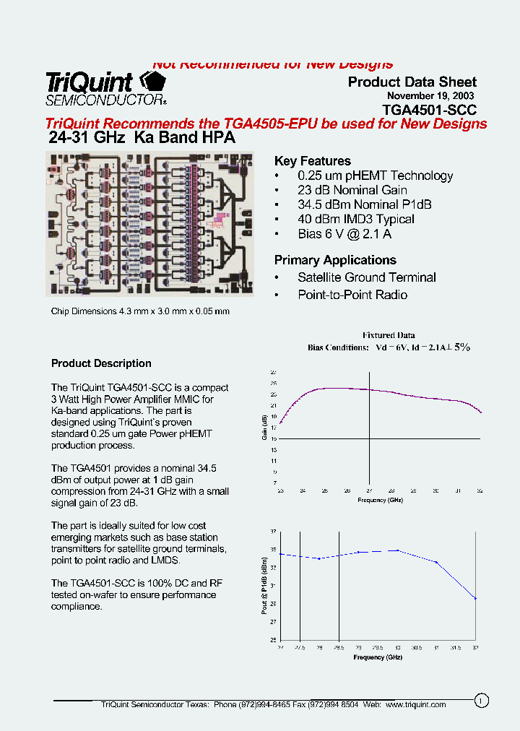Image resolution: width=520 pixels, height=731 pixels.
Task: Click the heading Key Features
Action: click(x=313, y=161)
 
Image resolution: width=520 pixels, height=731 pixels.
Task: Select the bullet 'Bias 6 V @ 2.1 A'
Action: click(x=344, y=234)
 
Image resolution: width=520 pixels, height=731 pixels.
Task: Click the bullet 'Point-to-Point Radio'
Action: click(x=352, y=295)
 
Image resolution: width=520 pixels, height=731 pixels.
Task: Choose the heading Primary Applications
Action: click(x=335, y=260)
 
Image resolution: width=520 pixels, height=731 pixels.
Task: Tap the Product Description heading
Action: click(x=101, y=363)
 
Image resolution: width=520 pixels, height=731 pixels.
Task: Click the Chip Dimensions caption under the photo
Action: click(x=140, y=311)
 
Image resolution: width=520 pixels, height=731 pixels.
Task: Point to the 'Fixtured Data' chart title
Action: click(x=389, y=335)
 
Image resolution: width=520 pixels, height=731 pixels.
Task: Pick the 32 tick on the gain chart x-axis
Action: click(x=480, y=490)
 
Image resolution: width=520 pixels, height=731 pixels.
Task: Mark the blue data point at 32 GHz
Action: click(x=475, y=598)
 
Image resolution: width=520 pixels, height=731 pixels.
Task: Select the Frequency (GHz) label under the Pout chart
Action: click(x=378, y=657)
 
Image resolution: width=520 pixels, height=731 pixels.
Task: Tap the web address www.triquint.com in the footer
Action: click(x=416, y=704)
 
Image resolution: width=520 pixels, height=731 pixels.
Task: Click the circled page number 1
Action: click(x=482, y=699)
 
